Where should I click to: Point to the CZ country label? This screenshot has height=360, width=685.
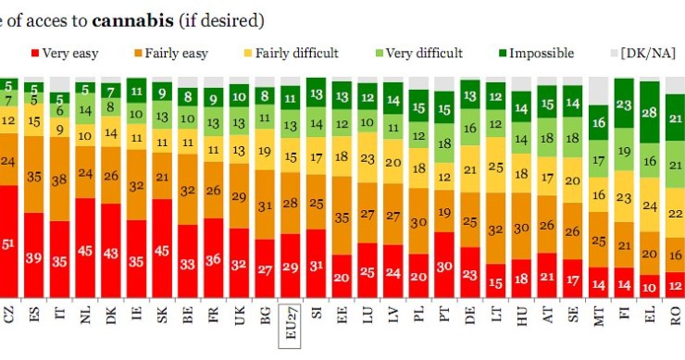[10, 317]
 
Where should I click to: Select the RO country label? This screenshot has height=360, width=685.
[676, 317]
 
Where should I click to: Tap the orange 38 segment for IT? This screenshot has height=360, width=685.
[61, 182]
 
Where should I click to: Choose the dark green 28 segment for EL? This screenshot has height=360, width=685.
[650, 113]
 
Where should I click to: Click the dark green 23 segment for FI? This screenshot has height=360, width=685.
[624, 107]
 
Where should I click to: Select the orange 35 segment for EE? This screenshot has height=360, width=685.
[342, 219]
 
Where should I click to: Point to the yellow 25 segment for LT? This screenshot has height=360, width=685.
[495, 168]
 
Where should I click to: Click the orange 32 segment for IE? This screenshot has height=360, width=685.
[138, 185]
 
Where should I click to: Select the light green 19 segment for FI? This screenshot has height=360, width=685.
[624, 151]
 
